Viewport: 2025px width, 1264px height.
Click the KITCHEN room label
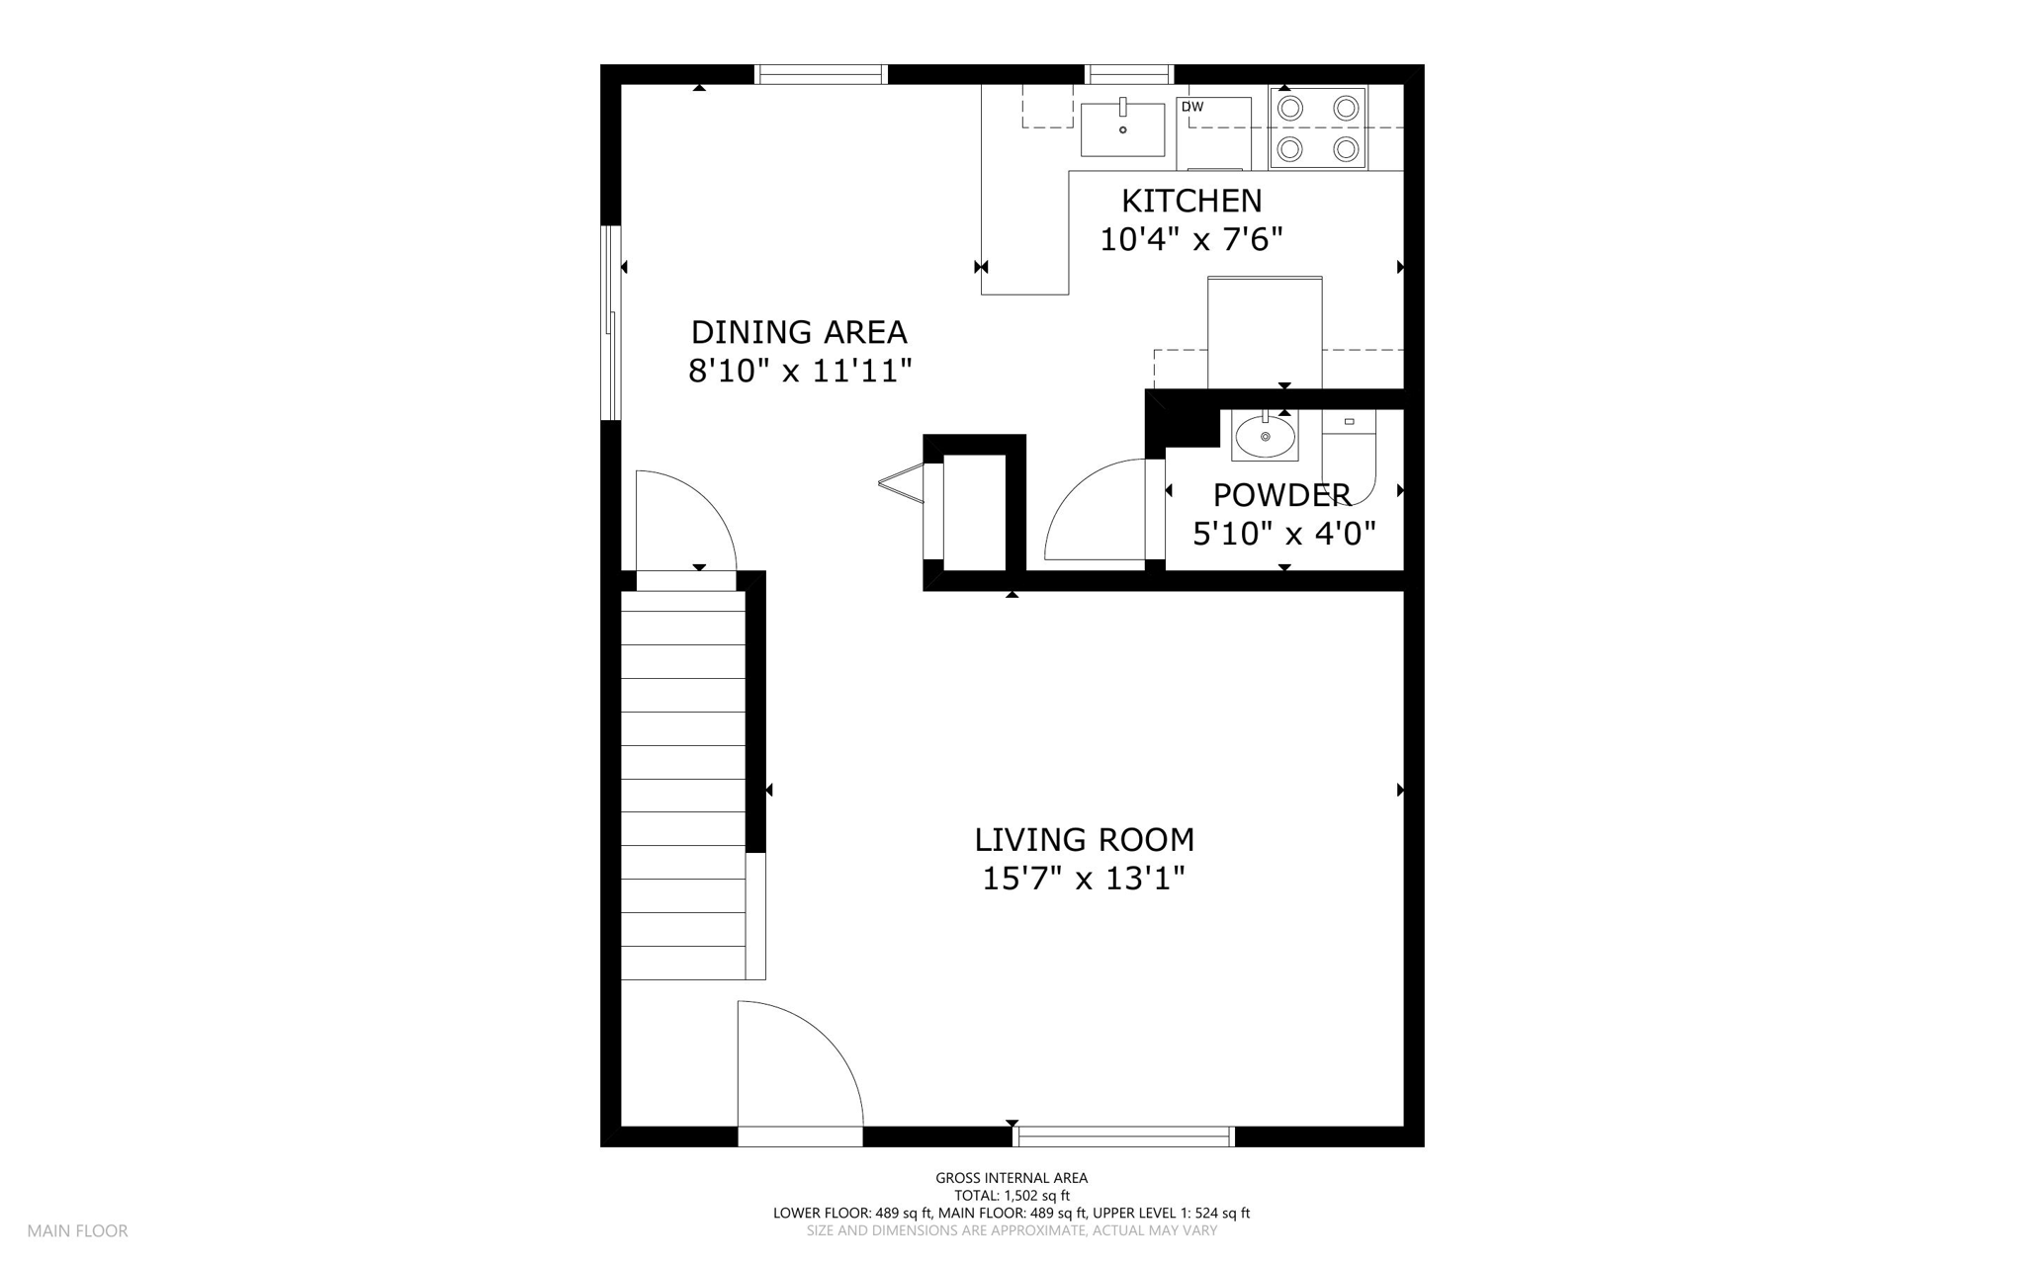click(1191, 201)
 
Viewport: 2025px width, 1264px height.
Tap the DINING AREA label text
click(799, 332)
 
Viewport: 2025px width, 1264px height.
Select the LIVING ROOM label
click(1085, 840)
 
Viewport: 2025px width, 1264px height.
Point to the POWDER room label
click(1281, 495)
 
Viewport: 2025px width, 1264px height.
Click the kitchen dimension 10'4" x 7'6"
click(1191, 239)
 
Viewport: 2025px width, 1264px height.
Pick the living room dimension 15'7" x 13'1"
click(1084, 879)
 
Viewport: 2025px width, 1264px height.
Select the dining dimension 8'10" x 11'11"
click(799, 372)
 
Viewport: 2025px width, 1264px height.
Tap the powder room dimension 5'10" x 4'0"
click(1284, 535)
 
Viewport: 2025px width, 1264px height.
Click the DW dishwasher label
click(1192, 107)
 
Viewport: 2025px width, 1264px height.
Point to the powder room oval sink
click(1265, 436)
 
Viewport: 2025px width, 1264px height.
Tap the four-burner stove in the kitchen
click(1318, 127)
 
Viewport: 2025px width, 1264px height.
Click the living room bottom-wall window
click(1125, 1137)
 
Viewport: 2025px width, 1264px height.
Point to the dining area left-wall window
click(611, 323)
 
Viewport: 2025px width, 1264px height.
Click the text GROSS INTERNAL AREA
click(1012, 1178)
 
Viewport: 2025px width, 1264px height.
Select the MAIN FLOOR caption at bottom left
click(77, 1231)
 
